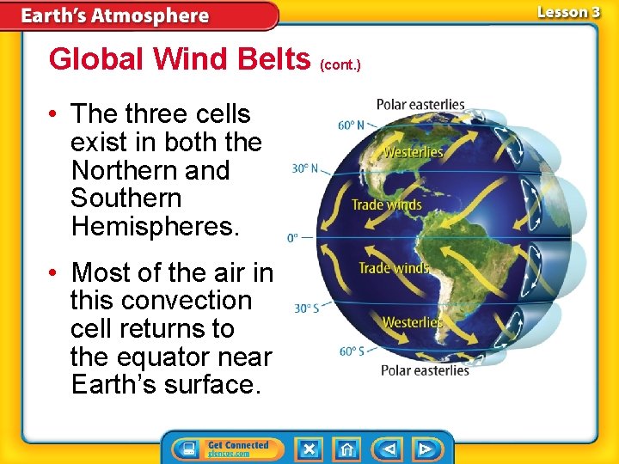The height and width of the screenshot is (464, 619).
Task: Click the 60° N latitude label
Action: (x=352, y=125)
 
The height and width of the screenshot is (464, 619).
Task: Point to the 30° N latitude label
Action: (x=305, y=168)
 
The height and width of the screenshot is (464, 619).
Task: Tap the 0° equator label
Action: (x=292, y=237)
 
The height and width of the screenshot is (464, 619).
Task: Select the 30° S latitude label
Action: (x=306, y=308)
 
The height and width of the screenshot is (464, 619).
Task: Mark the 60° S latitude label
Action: (x=352, y=351)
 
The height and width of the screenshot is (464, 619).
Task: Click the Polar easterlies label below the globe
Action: (x=426, y=370)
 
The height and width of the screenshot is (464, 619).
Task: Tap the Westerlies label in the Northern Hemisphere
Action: (x=413, y=152)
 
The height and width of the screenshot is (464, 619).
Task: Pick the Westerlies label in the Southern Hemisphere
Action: (x=413, y=322)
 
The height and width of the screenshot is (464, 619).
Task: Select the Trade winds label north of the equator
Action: (x=386, y=205)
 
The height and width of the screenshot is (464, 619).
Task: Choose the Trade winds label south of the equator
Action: (x=393, y=268)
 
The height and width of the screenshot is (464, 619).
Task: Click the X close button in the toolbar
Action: (x=309, y=449)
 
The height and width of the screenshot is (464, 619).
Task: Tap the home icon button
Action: (x=346, y=449)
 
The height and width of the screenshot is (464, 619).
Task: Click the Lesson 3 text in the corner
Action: (x=568, y=12)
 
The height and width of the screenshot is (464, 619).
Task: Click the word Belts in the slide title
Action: (x=273, y=59)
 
